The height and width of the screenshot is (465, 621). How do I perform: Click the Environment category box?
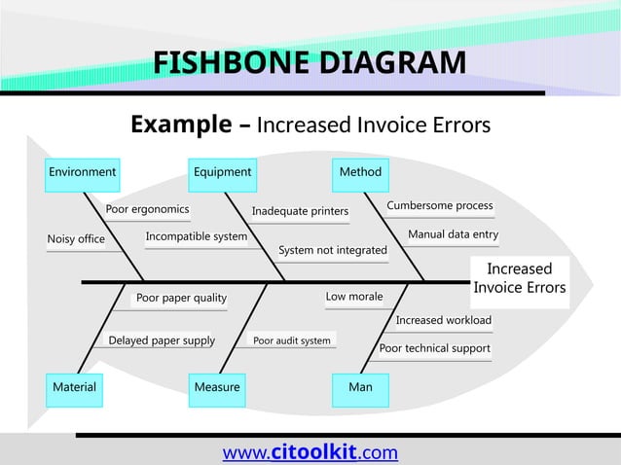[83, 173]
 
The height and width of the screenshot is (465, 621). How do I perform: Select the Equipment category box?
[222, 173]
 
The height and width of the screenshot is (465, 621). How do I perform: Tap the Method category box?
[360, 173]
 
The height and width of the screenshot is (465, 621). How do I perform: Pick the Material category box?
[74, 387]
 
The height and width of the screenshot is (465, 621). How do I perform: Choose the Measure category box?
[217, 387]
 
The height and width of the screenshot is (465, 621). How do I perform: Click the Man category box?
[360, 387]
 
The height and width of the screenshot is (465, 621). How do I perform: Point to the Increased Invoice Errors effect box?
[519, 278]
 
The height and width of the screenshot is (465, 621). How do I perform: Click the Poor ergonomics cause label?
[148, 209]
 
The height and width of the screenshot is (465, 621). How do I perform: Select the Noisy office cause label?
[76, 239]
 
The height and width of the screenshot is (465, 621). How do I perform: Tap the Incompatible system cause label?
[196, 236]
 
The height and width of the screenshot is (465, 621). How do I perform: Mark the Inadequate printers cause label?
[300, 211]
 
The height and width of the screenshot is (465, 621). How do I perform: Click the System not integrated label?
[333, 251]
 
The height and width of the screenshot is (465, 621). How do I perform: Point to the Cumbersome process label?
[440, 206]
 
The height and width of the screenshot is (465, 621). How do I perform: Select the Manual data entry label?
[453, 235]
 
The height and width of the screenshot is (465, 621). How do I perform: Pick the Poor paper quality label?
[181, 298]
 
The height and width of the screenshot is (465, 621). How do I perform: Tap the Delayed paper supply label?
[162, 340]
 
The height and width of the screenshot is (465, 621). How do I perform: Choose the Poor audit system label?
[292, 340]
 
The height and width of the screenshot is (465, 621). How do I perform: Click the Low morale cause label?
[354, 296]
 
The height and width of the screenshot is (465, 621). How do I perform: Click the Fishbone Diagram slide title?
[310, 64]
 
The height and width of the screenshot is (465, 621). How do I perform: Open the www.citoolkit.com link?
[310, 451]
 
